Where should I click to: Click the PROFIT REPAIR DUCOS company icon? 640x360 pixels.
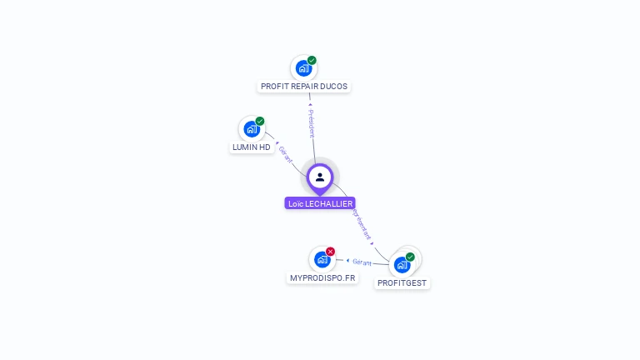coord(302,68)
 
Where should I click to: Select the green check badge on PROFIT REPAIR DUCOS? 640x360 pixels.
coord(312,60)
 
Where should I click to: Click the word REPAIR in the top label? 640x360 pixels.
coord(302,87)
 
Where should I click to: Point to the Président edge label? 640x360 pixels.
coord(312,122)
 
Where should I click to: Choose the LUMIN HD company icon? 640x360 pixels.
coord(251,129)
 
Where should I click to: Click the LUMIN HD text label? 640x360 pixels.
coord(252,147)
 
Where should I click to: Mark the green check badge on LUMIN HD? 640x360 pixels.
coord(260,122)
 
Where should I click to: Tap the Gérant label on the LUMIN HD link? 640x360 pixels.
coord(286,154)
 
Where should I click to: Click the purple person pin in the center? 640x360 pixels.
coord(320,177)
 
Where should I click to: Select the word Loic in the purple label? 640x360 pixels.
coord(296,203)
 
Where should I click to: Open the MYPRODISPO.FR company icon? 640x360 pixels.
coord(322,259)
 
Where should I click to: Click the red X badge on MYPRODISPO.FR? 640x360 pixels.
coord(330,251)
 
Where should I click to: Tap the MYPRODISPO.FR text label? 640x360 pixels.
coord(322,277)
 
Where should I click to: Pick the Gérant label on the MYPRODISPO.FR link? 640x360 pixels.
coord(362,262)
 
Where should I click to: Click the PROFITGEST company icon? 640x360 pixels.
coord(402,265)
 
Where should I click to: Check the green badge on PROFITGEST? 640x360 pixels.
coord(410,257)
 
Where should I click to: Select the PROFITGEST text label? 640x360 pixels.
coord(402,283)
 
